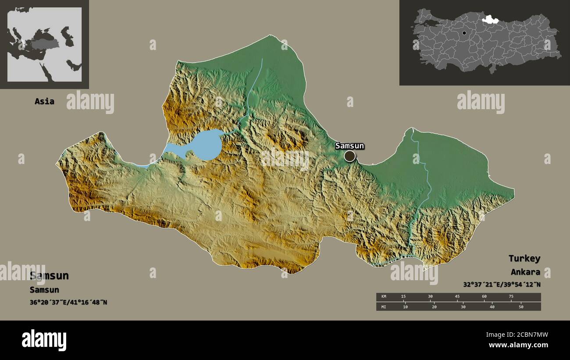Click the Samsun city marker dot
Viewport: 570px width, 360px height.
tap(349, 156)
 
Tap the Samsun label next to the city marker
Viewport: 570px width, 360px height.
tap(349, 146)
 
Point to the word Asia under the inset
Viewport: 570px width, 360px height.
tap(44, 101)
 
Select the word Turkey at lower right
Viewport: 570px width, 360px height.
tap(524, 258)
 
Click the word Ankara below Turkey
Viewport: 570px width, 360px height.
tap(525, 272)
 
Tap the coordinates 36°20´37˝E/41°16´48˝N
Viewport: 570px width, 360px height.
tap(68, 302)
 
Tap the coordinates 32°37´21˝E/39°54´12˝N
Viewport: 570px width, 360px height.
tap(502, 284)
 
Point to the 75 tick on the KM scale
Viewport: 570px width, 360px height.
tap(511, 297)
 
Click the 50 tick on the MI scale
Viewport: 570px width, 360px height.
tap(521, 307)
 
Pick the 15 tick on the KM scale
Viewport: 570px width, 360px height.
tap(403, 297)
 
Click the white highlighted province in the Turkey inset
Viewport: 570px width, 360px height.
tap(488, 19)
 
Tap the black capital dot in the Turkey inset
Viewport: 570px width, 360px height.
tap(464, 33)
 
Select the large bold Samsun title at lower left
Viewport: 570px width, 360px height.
tap(49, 276)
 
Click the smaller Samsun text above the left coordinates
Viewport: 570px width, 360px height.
tap(44, 290)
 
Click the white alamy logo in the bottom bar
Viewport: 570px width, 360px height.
tap(44, 340)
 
